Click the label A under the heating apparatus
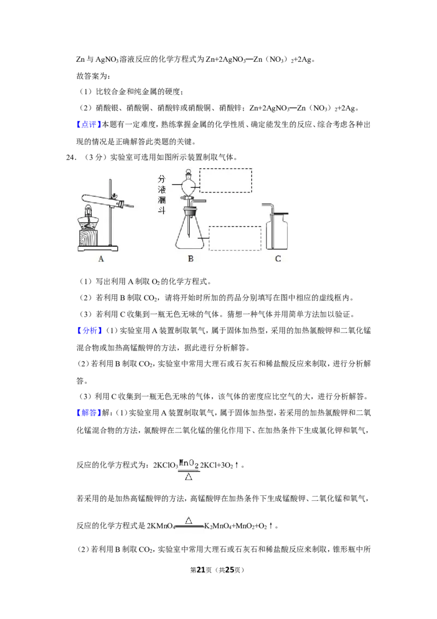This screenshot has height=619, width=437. pos(102,259)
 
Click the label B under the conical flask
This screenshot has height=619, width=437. pos(191,259)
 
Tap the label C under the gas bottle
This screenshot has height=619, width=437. pos(278,259)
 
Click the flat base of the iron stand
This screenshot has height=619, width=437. pos(98,248)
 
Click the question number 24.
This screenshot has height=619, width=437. pos(70,157)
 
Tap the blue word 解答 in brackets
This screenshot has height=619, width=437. pos(88,413)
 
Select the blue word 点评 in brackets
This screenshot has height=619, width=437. pos(88,125)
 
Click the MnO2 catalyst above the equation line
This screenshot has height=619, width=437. pos(188,463)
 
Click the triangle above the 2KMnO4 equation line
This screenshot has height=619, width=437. pos(188,521)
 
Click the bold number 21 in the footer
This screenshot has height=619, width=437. pos(201,570)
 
